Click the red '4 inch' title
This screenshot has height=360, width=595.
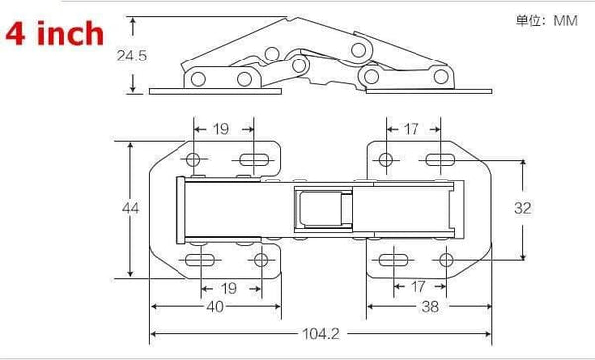point(55,34)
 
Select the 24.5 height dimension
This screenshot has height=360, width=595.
point(130,57)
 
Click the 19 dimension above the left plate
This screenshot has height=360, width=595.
point(221,128)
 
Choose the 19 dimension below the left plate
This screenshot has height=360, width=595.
point(228,288)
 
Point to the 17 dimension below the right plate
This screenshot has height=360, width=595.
point(417,288)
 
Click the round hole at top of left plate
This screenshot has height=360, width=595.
point(194,160)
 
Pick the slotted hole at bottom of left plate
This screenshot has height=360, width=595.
point(201,260)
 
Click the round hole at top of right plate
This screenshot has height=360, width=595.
point(384,159)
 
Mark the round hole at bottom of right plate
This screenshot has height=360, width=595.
point(445,260)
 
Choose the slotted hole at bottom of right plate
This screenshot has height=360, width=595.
point(390,260)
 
